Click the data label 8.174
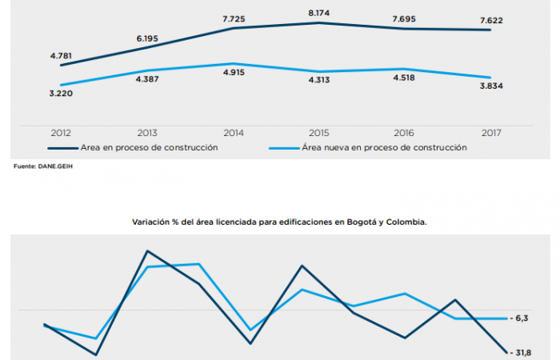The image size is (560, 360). pyautogui.click(x=319, y=14)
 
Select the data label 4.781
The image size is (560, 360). pyautogui.click(x=62, y=56)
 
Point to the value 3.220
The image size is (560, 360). pyautogui.click(x=62, y=94)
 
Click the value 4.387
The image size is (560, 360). pyautogui.click(x=146, y=79)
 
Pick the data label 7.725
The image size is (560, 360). pyautogui.click(x=233, y=17)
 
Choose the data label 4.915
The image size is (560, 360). pyautogui.click(x=233, y=73)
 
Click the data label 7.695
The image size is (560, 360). pyautogui.click(x=405, y=17)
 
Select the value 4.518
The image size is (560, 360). pyautogui.click(x=405, y=78)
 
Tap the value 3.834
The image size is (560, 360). pyautogui.click(x=490, y=86)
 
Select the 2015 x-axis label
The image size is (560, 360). pyautogui.click(x=319, y=133)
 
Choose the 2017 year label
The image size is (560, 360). pyautogui.click(x=490, y=133)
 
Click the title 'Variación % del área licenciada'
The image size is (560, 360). pyautogui.click(x=279, y=223)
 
